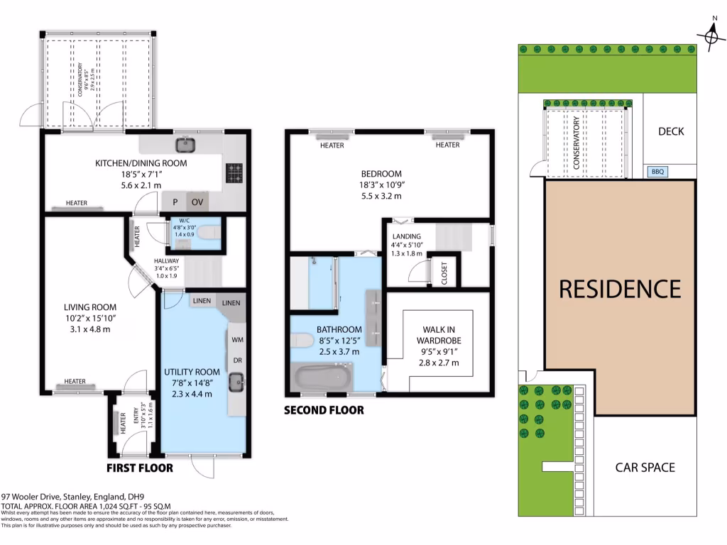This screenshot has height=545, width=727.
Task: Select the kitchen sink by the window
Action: coord(185,145)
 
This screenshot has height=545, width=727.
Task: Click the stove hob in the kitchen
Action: coord(234,172)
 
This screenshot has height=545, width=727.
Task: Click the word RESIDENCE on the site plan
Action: coord(619,289)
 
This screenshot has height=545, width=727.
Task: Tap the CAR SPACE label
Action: coord(645,467)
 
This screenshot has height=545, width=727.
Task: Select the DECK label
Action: coord(670,131)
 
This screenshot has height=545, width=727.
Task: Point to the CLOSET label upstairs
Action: coord(444,273)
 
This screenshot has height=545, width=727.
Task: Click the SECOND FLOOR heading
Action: coord(324,410)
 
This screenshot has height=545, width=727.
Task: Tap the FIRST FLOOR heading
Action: coord(139,468)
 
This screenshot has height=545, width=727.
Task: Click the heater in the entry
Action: coord(116,424)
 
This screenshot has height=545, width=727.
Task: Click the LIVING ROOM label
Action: coord(84,307)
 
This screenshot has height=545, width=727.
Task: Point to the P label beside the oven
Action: coord(175,202)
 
